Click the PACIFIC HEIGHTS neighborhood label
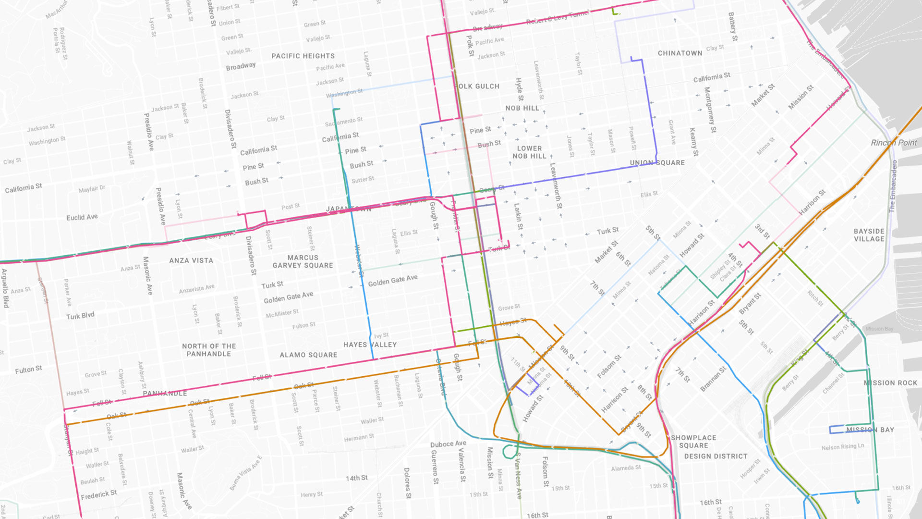coord(303,56)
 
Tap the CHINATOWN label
coord(680,53)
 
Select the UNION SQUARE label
coord(657,163)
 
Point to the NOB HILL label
coord(522,108)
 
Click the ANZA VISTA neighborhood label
coord(191,260)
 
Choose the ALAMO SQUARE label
coord(308,355)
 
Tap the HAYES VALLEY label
coord(370,345)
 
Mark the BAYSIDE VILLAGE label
coord(869,235)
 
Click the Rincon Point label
coord(894,143)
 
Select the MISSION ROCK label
coord(890,383)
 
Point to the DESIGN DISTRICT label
coord(716,457)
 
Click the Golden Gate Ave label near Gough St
coord(392,281)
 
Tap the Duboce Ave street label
coord(448,444)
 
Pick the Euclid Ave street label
coord(82,217)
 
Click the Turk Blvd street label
coord(80,316)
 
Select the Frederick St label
coord(98,494)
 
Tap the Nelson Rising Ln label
coord(842,447)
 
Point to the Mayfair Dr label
coord(92,189)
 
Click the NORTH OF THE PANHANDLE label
coord(209,350)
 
